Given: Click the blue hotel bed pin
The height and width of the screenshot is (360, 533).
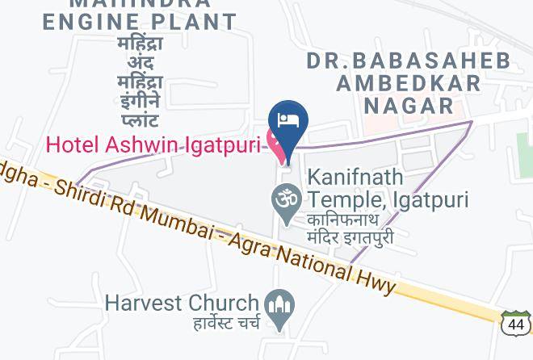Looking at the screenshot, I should coord(290,122).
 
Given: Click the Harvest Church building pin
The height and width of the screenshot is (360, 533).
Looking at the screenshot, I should coord(280,307).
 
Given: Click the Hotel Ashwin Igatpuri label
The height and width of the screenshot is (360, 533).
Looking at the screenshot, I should coord(153,145).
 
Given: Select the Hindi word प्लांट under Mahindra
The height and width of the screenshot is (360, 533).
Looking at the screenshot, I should coord(140,121).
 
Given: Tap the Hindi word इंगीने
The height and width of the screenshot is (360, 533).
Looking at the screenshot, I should coord(140,102).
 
